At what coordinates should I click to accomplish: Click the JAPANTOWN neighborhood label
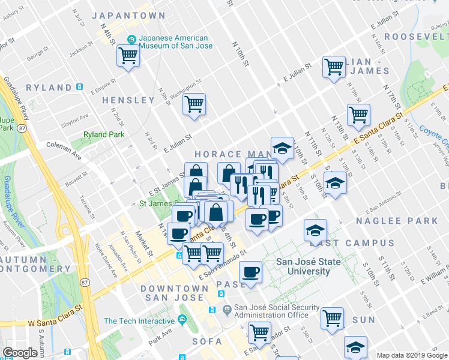[129, 15]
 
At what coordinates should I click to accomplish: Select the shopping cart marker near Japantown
[128, 56]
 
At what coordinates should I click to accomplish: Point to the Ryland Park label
[104, 134]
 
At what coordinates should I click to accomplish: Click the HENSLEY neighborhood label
[128, 100]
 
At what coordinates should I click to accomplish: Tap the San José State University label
[308, 266]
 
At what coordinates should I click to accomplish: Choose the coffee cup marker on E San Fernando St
[250, 272]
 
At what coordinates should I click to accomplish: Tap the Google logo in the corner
[20, 353]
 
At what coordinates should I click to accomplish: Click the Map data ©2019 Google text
[412, 355]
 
